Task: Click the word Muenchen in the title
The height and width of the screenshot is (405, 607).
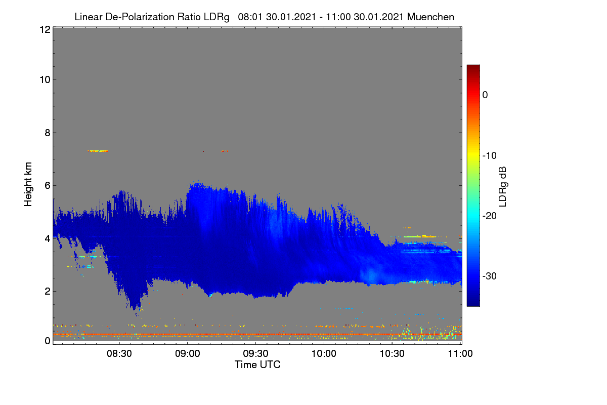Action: click(x=430, y=17)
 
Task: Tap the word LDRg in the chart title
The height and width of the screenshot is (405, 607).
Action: click(x=216, y=17)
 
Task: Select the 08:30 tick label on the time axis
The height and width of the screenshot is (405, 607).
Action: click(x=119, y=354)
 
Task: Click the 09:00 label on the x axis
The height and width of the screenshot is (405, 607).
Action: click(x=188, y=354)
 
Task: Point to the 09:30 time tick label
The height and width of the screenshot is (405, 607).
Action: click(x=255, y=354)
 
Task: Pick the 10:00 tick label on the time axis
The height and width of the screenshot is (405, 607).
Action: click(x=324, y=354)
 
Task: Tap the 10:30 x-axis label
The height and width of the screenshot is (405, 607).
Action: click(x=392, y=354)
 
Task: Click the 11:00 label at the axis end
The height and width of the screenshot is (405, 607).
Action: click(x=460, y=354)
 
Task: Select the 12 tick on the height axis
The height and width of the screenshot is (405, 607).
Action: click(x=45, y=29)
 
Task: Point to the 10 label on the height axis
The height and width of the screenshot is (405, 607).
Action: click(x=45, y=80)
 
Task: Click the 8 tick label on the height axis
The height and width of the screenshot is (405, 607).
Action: click(x=48, y=133)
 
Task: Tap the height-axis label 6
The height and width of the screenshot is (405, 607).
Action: click(x=48, y=186)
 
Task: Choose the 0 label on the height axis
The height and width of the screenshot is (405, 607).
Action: click(x=48, y=341)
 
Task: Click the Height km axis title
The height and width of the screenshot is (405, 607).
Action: click(x=28, y=184)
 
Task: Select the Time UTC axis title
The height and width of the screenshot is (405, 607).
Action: click(x=257, y=364)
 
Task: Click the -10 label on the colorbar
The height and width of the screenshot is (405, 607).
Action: click(x=490, y=156)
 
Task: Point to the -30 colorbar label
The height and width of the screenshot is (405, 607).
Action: click(x=490, y=276)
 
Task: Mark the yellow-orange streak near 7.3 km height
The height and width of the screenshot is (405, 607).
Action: click(x=98, y=151)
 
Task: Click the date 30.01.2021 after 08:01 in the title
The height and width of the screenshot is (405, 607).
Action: click(x=291, y=17)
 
